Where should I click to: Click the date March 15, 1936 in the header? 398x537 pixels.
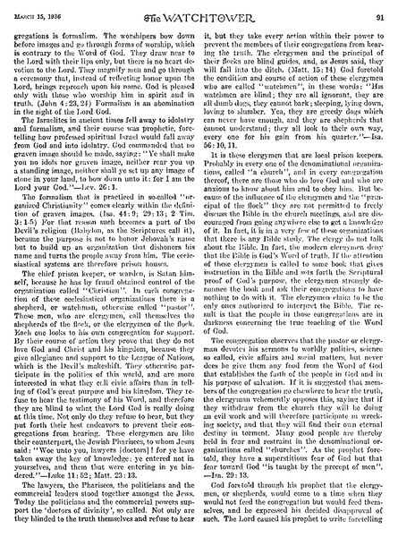point(38,8)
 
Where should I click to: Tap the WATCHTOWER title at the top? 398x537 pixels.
point(199,9)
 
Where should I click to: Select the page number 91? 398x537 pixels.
point(380,8)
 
